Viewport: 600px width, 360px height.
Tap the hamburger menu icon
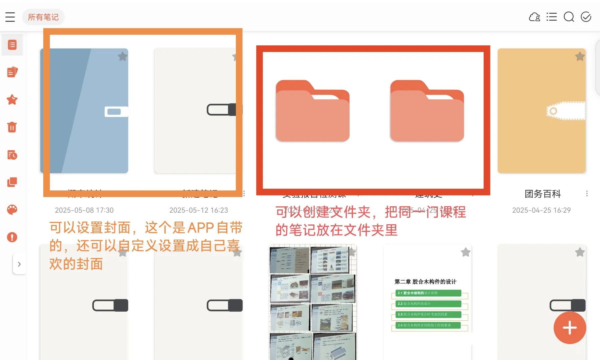point(10,17)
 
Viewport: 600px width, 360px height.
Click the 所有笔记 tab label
point(43,17)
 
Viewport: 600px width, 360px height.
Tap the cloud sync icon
point(534,17)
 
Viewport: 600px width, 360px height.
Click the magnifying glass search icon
point(569,17)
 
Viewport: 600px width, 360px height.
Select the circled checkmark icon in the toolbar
point(586,17)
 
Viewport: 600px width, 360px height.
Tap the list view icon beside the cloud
point(552,17)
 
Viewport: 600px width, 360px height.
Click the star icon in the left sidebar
point(12,100)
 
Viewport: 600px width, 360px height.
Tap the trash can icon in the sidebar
point(12,127)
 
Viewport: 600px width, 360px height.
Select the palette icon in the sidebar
point(12,210)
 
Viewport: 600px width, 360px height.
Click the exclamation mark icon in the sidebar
point(12,237)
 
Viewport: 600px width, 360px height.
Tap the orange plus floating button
point(570,328)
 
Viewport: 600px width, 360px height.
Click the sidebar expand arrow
point(19,264)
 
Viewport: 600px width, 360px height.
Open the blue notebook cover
point(84,111)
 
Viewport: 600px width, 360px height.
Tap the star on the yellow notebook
point(580,57)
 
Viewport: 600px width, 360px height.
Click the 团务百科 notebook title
point(543,194)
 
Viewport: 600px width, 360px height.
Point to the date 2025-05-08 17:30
point(84,210)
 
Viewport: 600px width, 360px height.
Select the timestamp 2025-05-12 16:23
point(199,210)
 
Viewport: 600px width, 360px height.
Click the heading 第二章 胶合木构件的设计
point(425,282)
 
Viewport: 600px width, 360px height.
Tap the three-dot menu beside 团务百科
point(587,194)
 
